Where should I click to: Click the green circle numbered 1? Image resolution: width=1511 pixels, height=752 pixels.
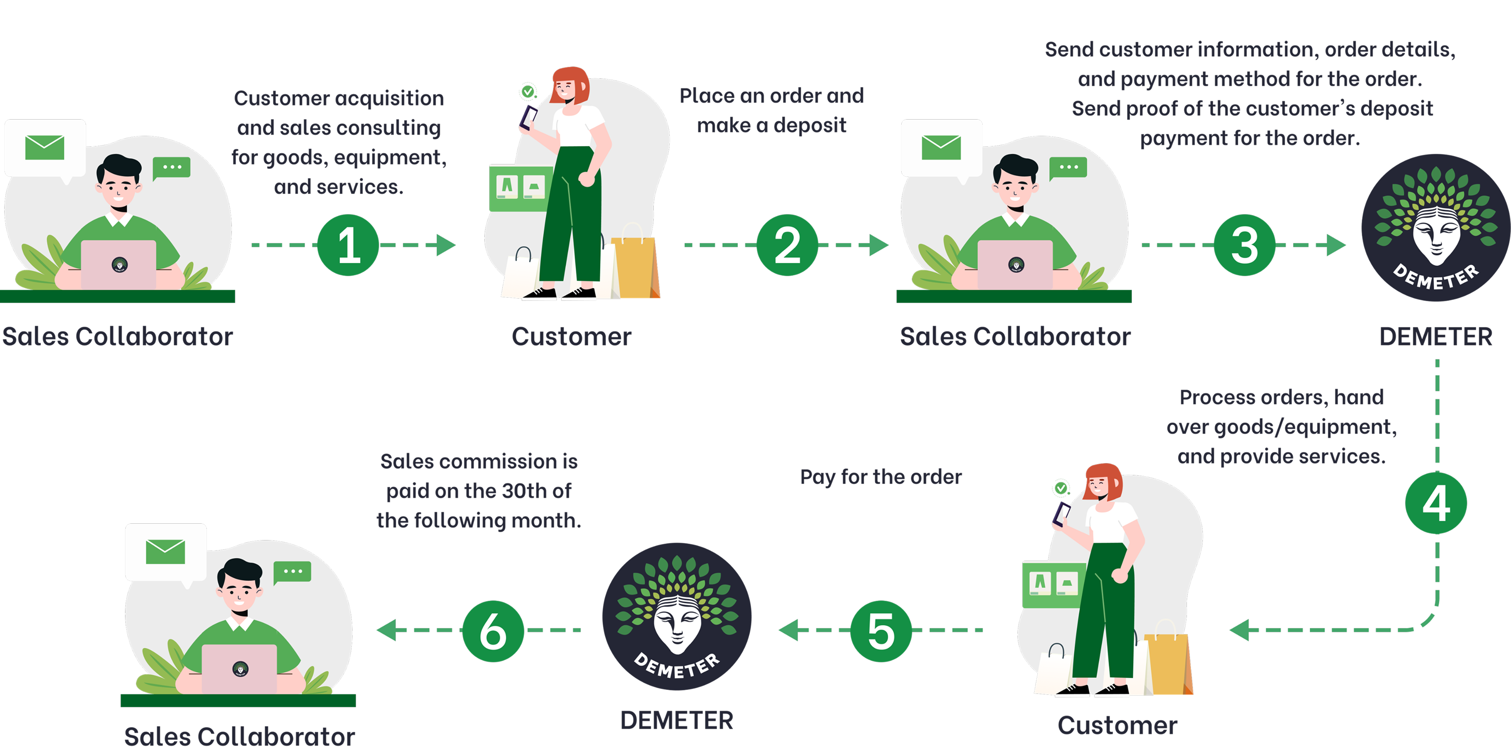click(348, 245)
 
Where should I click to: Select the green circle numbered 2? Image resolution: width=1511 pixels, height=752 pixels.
click(787, 245)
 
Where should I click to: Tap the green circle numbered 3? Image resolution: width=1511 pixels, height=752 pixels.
click(1244, 245)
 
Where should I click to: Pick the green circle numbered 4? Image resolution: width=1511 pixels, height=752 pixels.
click(1436, 503)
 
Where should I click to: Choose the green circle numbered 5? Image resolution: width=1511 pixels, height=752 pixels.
click(881, 631)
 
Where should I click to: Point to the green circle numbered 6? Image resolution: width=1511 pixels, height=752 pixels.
click(493, 631)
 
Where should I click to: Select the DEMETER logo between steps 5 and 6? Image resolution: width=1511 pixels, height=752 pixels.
click(676, 616)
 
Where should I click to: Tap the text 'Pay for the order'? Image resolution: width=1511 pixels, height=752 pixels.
click(881, 477)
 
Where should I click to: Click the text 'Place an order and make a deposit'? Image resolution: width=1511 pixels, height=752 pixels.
click(771, 110)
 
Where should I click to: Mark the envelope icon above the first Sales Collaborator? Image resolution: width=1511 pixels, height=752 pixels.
click(44, 147)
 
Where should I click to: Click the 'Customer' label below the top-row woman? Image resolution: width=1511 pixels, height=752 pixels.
click(571, 336)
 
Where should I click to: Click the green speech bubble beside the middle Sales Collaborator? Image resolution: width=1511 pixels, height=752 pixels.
click(1068, 168)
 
